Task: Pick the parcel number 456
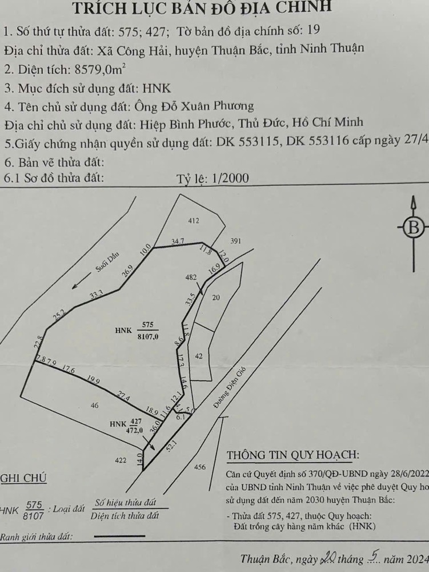pyautogui.click(x=199, y=467)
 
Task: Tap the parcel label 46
pyautogui.click(x=94, y=406)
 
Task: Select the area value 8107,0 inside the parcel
pyautogui.click(x=147, y=337)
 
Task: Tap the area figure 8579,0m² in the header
pyautogui.click(x=96, y=70)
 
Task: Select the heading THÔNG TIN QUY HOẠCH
pyautogui.click(x=292, y=455)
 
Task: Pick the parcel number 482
pyautogui.click(x=191, y=277)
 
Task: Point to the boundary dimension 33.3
pyautogui.click(x=97, y=295)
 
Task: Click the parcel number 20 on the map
pyautogui.click(x=215, y=297)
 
